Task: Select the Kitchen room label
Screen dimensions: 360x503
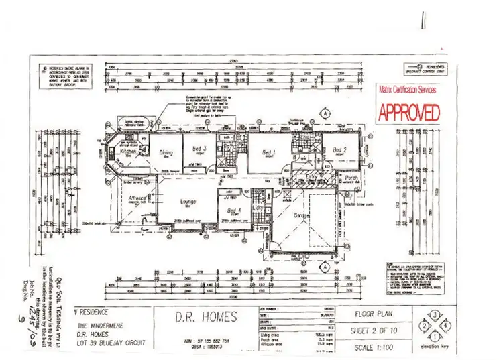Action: click(x=128, y=152)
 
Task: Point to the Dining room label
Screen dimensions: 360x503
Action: click(x=166, y=153)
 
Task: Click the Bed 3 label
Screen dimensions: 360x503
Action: click(x=200, y=149)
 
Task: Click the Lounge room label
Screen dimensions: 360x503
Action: click(x=186, y=201)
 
